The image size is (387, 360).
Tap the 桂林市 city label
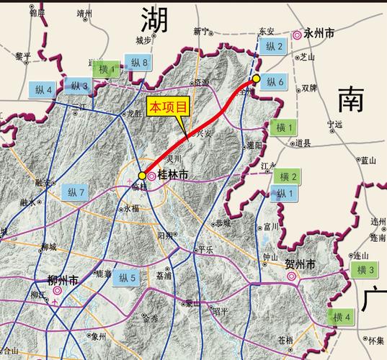coord(173,174)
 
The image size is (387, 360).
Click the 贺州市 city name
coord(301,266)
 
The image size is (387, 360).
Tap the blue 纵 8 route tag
coord(135,63)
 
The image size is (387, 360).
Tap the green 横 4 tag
coord(342,317)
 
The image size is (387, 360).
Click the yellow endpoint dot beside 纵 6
coord(256,79)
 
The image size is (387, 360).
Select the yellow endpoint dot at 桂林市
coord(142,175)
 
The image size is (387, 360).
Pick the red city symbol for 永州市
coord(297,35)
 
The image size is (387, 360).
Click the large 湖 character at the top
coord(155,19)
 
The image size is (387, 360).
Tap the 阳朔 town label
coord(165,235)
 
